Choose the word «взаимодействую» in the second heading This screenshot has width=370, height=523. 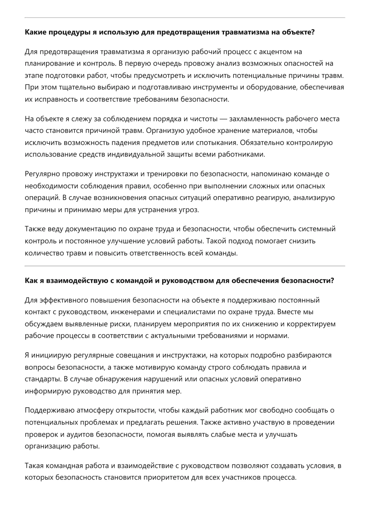(74, 281)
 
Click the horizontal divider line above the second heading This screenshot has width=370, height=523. (185, 266)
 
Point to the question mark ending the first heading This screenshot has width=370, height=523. (312, 32)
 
